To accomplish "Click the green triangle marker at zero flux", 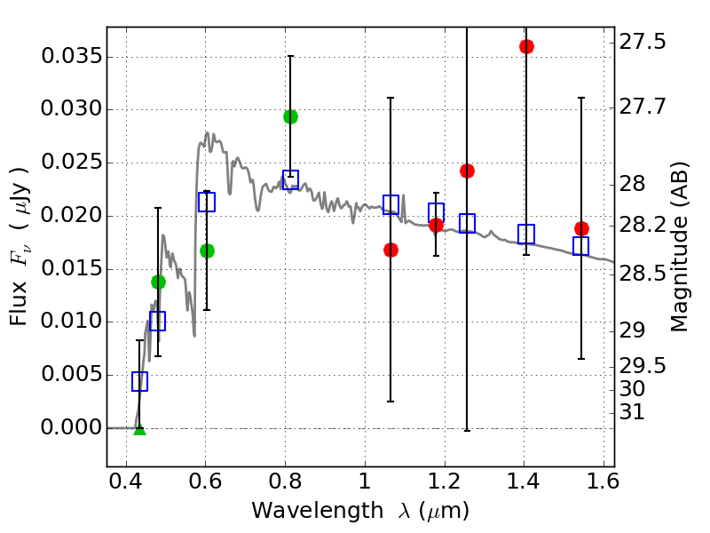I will point(139,428).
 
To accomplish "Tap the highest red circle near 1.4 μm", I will point(526,46).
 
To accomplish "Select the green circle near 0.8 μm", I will point(290,116).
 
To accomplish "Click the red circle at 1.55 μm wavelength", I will point(581,228).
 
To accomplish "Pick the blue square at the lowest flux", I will point(139,381).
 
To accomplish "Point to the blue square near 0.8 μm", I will point(290,179).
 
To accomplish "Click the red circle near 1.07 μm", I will point(390,250).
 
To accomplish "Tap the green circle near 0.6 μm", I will point(207,251).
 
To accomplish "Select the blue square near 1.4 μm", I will point(526,234).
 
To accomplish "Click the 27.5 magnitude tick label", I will point(643,42).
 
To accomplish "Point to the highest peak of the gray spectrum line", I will point(207,133).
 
